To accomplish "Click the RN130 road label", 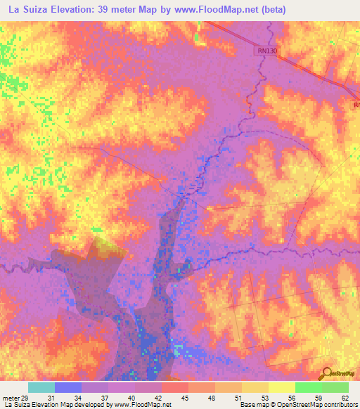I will coord(266,51).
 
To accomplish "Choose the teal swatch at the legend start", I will coord(41,387).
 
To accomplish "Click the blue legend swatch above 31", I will coord(67,387).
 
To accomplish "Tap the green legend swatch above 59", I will coord(308,387).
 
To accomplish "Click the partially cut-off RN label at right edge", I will coord(356,105).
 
